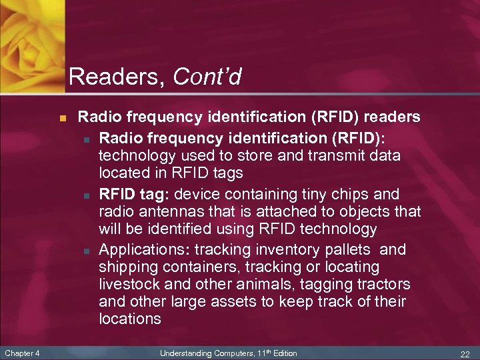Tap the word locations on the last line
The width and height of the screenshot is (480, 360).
tap(130, 319)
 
